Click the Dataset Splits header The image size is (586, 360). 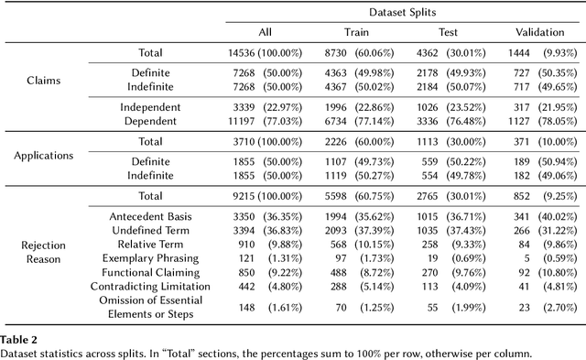tap(402, 11)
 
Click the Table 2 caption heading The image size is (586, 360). tap(16, 338)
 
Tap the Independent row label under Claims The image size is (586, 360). tap(150, 106)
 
